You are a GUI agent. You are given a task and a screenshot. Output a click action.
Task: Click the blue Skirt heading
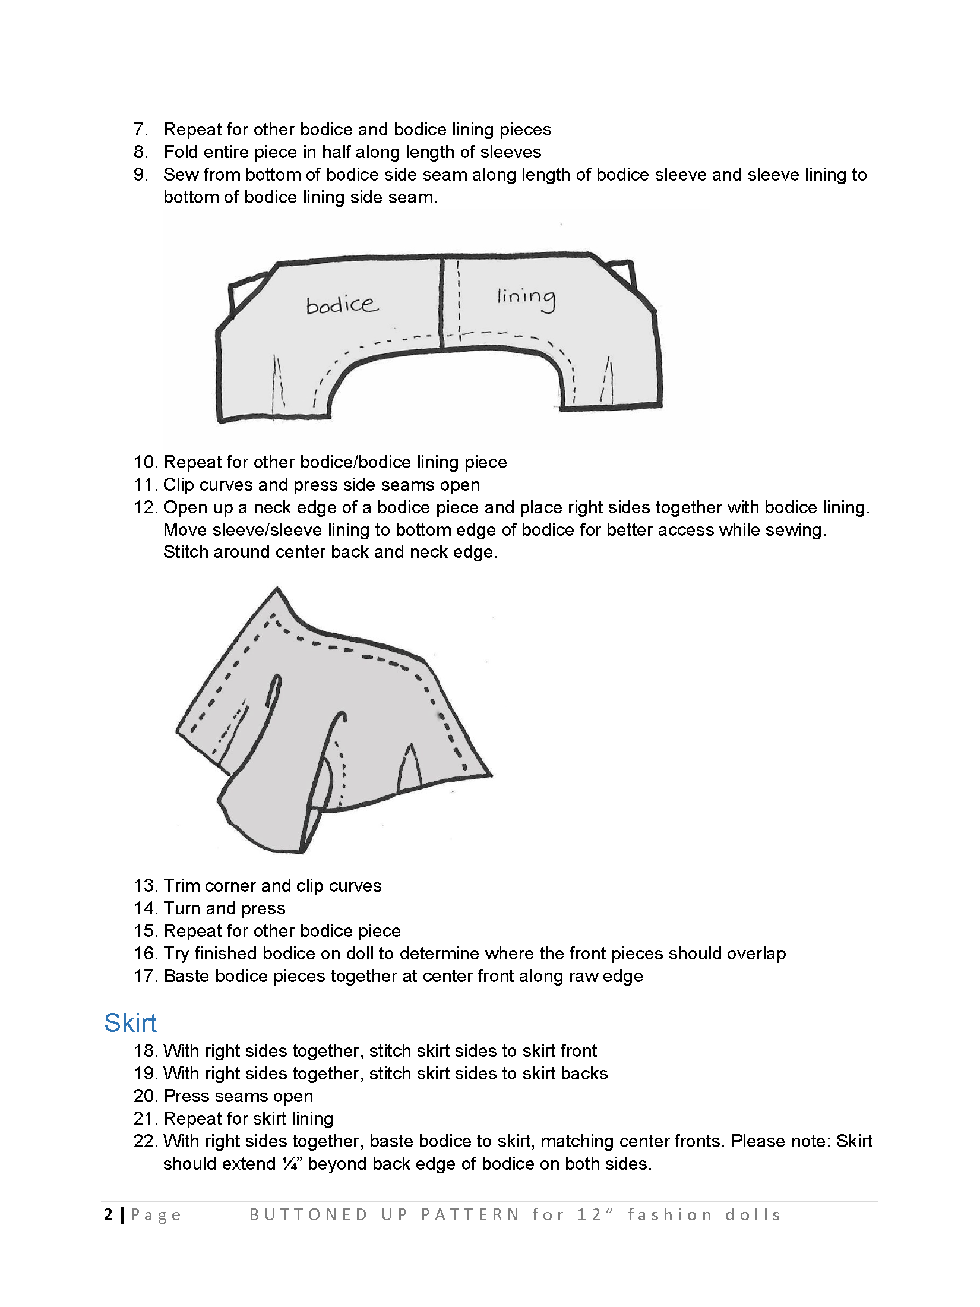pyautogui.click(x=130, y=1023)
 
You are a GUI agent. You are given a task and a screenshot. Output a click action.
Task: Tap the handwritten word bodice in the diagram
pyautogui.click(x=342, y=305)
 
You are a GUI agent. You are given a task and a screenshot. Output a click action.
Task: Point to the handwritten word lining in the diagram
pyautogui.click(x=526, y=297)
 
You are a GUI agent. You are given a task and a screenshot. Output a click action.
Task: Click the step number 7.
pyautogui.click(x=140, y=130)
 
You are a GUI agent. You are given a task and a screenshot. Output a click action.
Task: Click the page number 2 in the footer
pyautogui.click(x=108, y=1214)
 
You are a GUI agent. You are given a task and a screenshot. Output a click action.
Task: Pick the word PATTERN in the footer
pyautogui.click(x=470, y=1215)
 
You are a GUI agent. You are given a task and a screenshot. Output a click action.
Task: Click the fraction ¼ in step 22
pyautogui.click(x=290, y=1164)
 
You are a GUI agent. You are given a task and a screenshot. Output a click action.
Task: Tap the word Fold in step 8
pyautogui.click(x=180, y=152)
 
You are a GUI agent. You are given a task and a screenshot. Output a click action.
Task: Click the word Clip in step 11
pyautogui.click(x=179, y=485)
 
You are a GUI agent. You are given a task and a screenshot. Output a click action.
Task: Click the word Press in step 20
pyautogui.click(x=187, y=1096)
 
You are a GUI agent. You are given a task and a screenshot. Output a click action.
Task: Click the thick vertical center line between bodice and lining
pyautogui.click(x=442, y=303)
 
